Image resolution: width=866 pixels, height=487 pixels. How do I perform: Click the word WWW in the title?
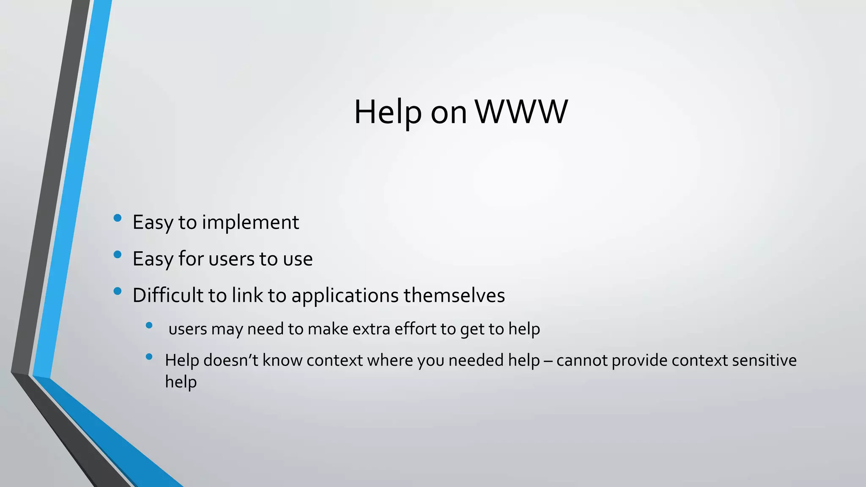521,112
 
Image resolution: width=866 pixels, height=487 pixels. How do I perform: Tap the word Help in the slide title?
387,112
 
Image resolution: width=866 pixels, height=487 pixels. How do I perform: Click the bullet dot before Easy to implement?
118,218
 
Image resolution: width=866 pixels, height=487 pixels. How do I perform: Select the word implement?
250,222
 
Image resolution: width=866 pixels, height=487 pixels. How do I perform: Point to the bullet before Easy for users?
118,254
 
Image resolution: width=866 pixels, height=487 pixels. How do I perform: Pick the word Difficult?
168,295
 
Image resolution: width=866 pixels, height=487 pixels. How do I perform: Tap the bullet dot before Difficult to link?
118,291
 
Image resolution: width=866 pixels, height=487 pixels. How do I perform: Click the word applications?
345,295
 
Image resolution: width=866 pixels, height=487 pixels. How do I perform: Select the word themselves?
454,295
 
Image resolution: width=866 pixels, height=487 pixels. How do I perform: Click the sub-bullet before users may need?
149,325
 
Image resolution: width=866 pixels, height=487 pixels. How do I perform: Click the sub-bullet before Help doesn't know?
149,357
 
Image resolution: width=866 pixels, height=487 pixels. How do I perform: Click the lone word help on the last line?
181,382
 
